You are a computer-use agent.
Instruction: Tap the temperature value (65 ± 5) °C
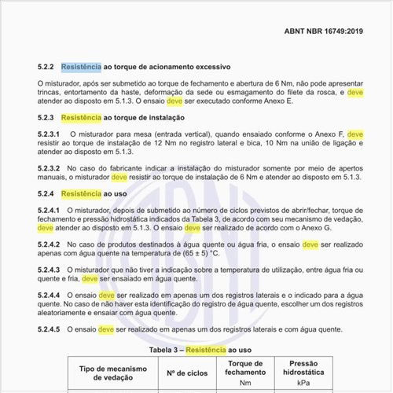tap(188, 255)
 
